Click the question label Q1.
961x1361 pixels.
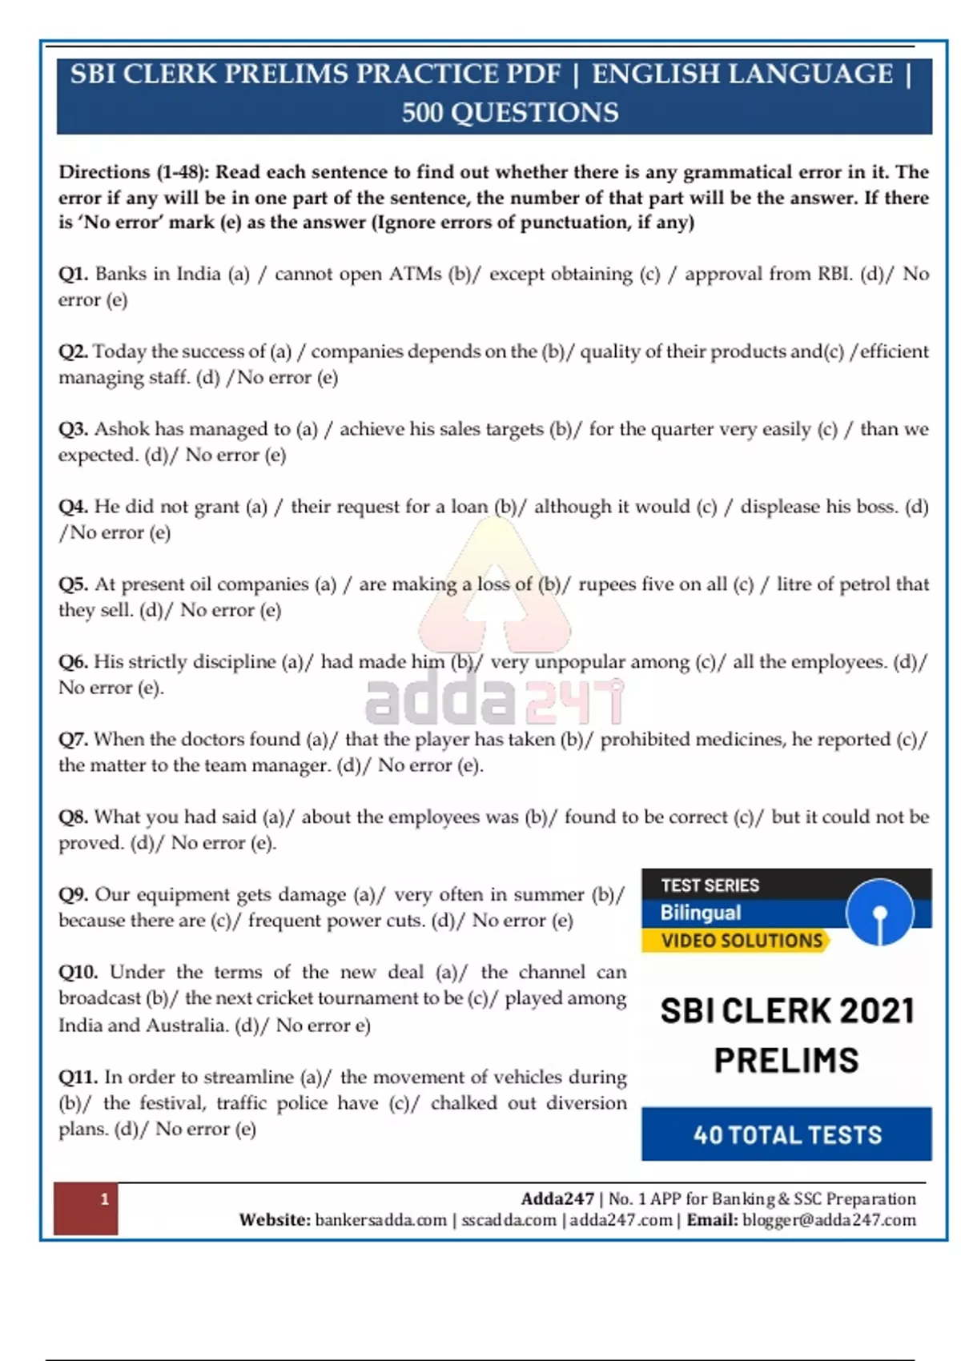tap(73, 274)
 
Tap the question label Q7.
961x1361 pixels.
tap(73, 739)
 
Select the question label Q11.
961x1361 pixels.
tap(78, 1077)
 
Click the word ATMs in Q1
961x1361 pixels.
tap(415, 274)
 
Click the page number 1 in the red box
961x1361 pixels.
tap(104, 1199)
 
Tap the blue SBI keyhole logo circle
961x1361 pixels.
tap(879, 913)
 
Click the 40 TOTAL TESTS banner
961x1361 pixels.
tap(786, 1134)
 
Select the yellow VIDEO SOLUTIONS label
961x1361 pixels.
tap(742, 941)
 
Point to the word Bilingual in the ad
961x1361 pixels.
tap(701, 913)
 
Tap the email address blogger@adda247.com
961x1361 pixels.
tap(829, 1220)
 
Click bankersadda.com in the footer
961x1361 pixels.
tap(380, 1220)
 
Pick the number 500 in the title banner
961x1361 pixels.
tap(422, 112)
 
